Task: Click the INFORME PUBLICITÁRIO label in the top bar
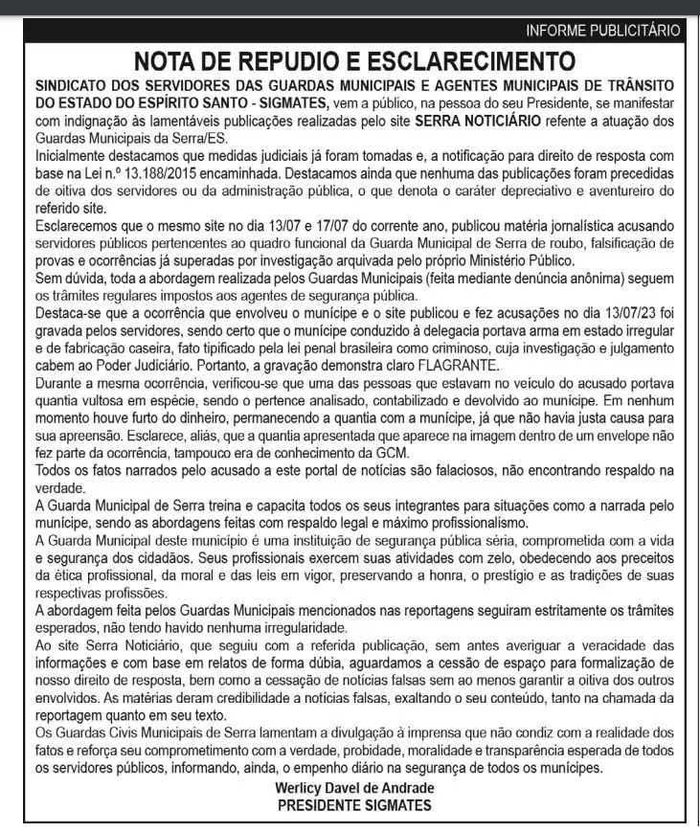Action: (603, 31)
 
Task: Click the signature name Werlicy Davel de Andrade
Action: (353, 788)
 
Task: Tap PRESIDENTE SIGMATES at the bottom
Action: (353, 805)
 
